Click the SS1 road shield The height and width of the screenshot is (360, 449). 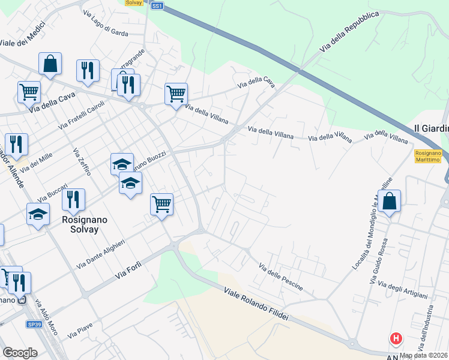(157, 5)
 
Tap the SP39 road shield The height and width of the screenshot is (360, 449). (34, 324)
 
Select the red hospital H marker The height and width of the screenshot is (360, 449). (396, 339)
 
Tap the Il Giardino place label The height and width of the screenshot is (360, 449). (432, 128)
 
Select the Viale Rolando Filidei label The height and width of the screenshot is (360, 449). (256, 305)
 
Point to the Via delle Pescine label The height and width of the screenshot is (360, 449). (281, 277)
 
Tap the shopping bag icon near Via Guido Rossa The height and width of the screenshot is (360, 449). (390, 202)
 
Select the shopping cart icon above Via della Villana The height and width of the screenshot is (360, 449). (176, 94)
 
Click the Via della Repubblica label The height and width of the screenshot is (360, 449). (349, 31)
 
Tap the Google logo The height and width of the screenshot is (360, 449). (20, 352)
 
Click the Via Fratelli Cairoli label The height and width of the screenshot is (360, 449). (82, 115)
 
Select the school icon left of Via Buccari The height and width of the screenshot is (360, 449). (38, 214)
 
